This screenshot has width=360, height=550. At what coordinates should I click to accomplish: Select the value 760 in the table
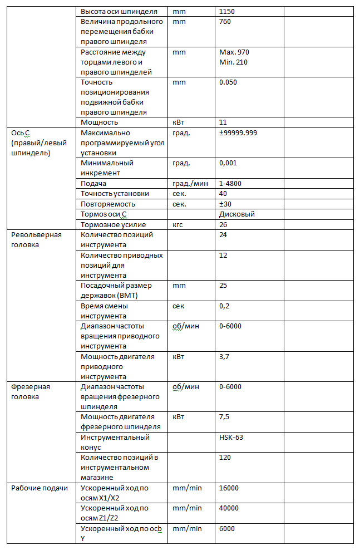coord(225,22)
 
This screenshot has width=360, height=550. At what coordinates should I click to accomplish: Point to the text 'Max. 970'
coord(234,52)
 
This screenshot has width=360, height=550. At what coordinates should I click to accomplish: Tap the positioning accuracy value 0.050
coord(229,82)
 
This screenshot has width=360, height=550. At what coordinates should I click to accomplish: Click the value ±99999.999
coord(238,133)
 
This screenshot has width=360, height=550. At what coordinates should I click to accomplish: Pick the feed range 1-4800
coord(230,183)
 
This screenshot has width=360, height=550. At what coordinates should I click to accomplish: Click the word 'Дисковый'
coord(237,214)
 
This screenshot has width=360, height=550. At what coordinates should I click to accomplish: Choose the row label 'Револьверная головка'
coord(37,239)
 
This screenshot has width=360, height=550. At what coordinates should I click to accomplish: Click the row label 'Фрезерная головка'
coord(31,391)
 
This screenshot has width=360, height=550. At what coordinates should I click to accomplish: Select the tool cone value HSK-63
coord(231,437)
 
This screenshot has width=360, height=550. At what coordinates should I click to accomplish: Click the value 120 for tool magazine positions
coord(225,457)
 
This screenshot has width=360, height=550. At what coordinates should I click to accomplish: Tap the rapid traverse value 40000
coord(229,508)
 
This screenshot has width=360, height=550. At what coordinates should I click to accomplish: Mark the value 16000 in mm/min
coord(229,488)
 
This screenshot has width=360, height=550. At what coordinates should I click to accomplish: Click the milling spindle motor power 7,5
coord(225,416)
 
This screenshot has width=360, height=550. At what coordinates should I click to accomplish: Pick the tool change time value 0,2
coord(225,306)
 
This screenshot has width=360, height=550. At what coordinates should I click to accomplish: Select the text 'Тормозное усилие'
coord(114,224)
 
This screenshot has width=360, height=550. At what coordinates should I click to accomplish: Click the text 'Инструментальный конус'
coord(115,442)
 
